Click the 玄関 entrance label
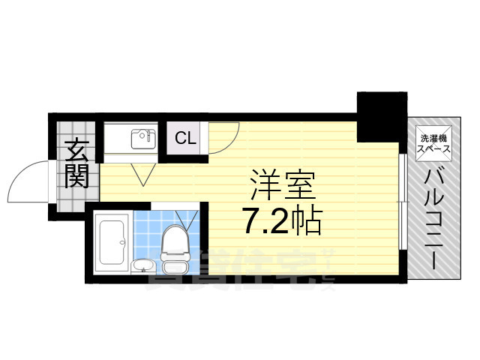(x=76, y=164)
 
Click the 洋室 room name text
(x=282, y=184)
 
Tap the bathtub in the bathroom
(x=114, y=243)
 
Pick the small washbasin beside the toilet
(x=142, y=265)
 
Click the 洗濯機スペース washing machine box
(x=435, y=142)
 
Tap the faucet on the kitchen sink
(x=149, y=135)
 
